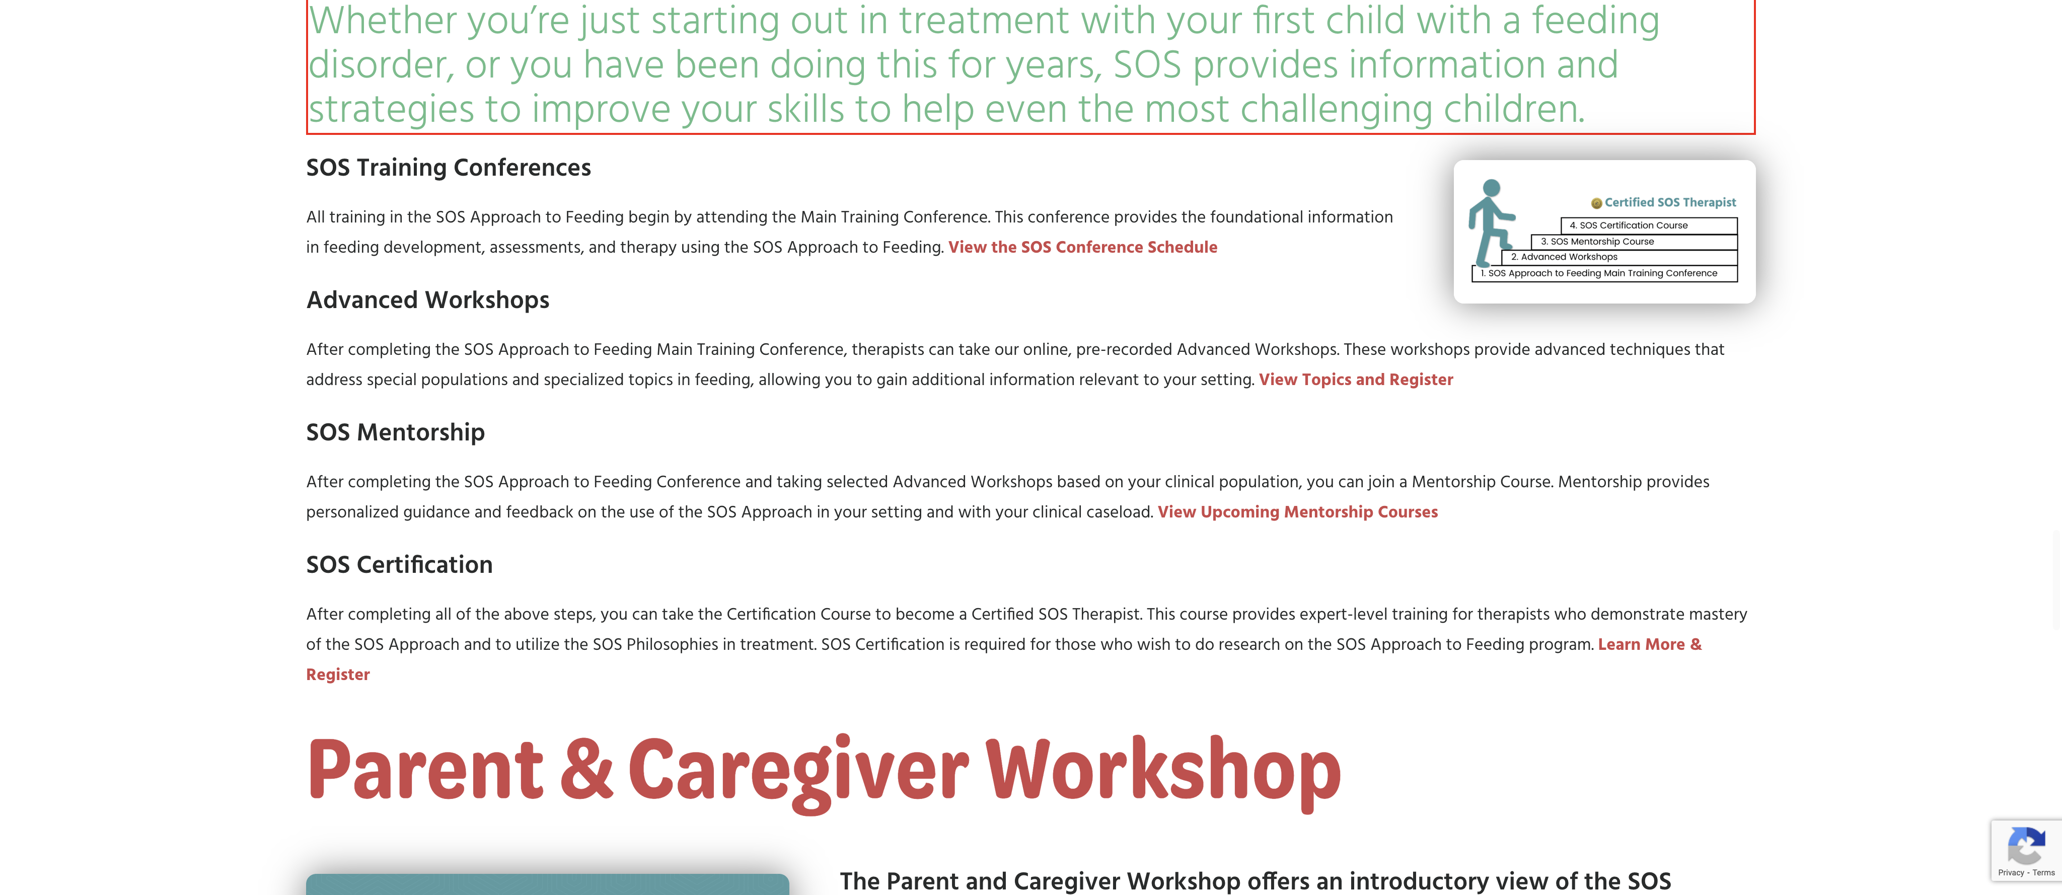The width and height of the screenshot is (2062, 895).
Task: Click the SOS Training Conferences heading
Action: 448,167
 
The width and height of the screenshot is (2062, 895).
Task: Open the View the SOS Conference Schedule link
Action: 1082,247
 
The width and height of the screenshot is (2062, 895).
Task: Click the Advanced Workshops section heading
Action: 427,300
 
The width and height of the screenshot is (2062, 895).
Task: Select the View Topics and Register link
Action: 1355,380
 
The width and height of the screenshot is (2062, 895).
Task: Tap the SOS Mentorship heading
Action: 395,432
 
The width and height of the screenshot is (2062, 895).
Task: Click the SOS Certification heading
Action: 399,564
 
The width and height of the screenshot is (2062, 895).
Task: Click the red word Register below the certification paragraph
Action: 338,675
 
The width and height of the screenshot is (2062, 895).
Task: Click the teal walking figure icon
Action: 1491,222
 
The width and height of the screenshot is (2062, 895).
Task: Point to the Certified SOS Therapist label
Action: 1670,202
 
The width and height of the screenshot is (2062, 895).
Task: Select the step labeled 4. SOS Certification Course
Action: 1649,226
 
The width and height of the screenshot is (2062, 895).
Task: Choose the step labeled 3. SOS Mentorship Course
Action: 1634,242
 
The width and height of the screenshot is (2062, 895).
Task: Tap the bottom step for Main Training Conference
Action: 1604,273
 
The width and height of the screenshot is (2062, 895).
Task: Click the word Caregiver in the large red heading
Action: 798,771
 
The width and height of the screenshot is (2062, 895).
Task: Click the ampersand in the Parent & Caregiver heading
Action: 586,769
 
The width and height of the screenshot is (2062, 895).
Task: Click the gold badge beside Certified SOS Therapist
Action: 1596,203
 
